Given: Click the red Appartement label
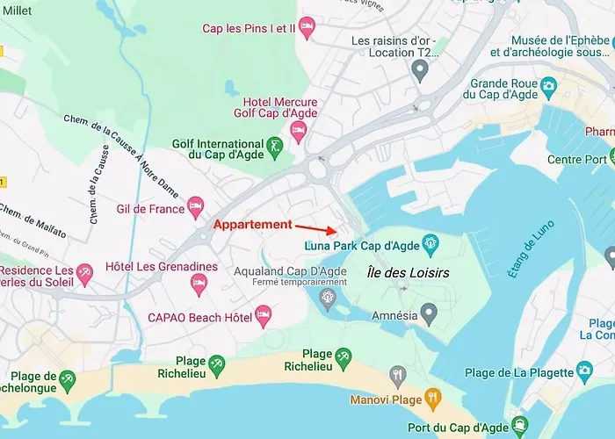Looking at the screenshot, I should click(254, 225).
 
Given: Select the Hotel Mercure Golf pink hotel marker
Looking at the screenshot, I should click(298, 133).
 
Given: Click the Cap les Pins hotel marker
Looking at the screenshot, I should click(307, 27).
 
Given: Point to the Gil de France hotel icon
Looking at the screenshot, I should click(196, 208).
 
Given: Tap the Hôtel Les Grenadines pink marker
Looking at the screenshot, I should click(199, 283).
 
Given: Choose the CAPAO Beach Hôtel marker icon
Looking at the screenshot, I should click(263, 314).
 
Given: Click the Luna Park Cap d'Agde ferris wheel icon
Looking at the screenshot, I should click(430, 242).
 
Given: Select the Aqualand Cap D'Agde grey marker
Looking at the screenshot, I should click(328, 299).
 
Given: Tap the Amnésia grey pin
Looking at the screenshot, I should click(429, 312).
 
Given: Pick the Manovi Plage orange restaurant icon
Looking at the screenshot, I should click(432, 398).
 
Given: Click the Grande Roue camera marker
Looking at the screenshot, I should click(549, 85).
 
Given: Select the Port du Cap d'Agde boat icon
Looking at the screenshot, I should click(519, 427).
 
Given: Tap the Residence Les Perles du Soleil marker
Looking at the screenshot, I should click(84, 273).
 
